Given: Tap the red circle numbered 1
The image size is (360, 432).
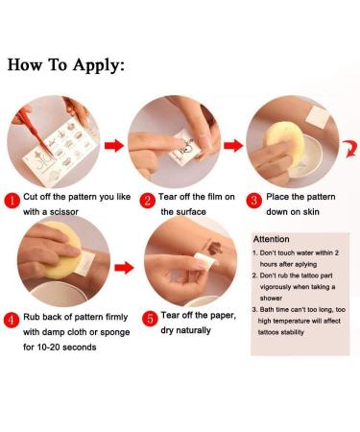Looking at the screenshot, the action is pos(12,201).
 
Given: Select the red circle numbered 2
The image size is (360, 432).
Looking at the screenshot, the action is pos(147,201).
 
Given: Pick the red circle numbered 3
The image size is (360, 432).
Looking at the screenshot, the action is pos(253,201).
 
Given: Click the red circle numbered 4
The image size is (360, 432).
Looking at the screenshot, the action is pos(12,321).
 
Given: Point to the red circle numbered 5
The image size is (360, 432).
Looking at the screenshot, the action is pos(150,319).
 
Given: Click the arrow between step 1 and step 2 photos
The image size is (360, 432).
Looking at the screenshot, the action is pos(114,146).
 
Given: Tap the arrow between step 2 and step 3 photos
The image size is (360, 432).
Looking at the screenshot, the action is pos(233,145).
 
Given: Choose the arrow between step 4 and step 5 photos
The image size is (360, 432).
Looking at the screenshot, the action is pos(124,267).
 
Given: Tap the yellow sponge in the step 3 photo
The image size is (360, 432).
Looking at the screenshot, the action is pos(284,141).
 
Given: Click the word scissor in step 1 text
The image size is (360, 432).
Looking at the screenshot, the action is pos(64,212).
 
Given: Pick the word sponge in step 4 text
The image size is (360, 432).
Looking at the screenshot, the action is pos(115,332).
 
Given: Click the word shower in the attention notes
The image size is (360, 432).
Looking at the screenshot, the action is pos(271,299).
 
